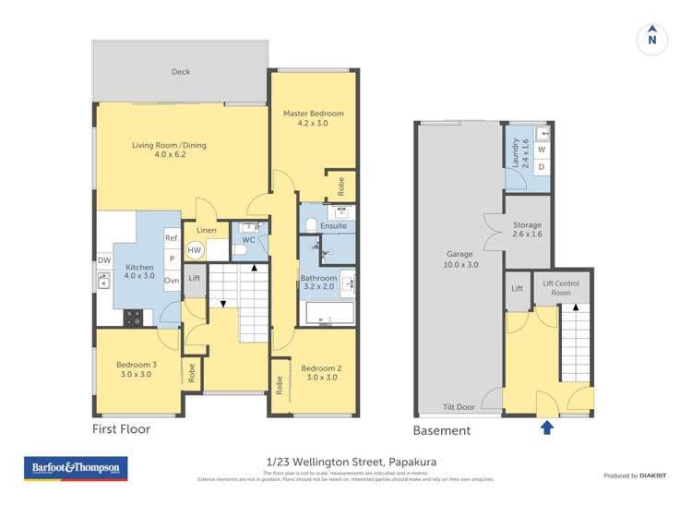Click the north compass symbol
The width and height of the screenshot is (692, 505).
click(x=652, y=40)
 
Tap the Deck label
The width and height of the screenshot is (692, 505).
click(x=181, y=72)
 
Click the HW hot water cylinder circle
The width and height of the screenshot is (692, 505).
click(x=195, y=250)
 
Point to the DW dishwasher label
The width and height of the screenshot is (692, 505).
click(x=103, y=260)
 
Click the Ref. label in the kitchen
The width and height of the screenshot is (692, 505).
click(x=172, y=238)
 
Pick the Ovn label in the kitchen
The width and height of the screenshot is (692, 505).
click(x=172, y=280)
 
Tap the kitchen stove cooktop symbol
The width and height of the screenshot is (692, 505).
click(x=134, y=317)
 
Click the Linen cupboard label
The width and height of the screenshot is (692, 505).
click(x=207, y=230)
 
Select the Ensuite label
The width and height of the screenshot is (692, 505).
click(x=334, y=225)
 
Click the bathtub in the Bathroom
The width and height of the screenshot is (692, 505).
click(x=329, y=314)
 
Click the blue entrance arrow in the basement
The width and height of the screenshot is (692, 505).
click(x=546, y=427)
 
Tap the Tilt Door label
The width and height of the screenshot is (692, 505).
click(x=458, y=406)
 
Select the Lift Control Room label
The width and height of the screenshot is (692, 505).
click(x=561, y=288)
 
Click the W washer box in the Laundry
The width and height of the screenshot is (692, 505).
click(x=542, y=150)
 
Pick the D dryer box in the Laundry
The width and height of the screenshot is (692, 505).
click(x=542, y=167)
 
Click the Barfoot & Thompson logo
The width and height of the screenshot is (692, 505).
click(x=77, y=468)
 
